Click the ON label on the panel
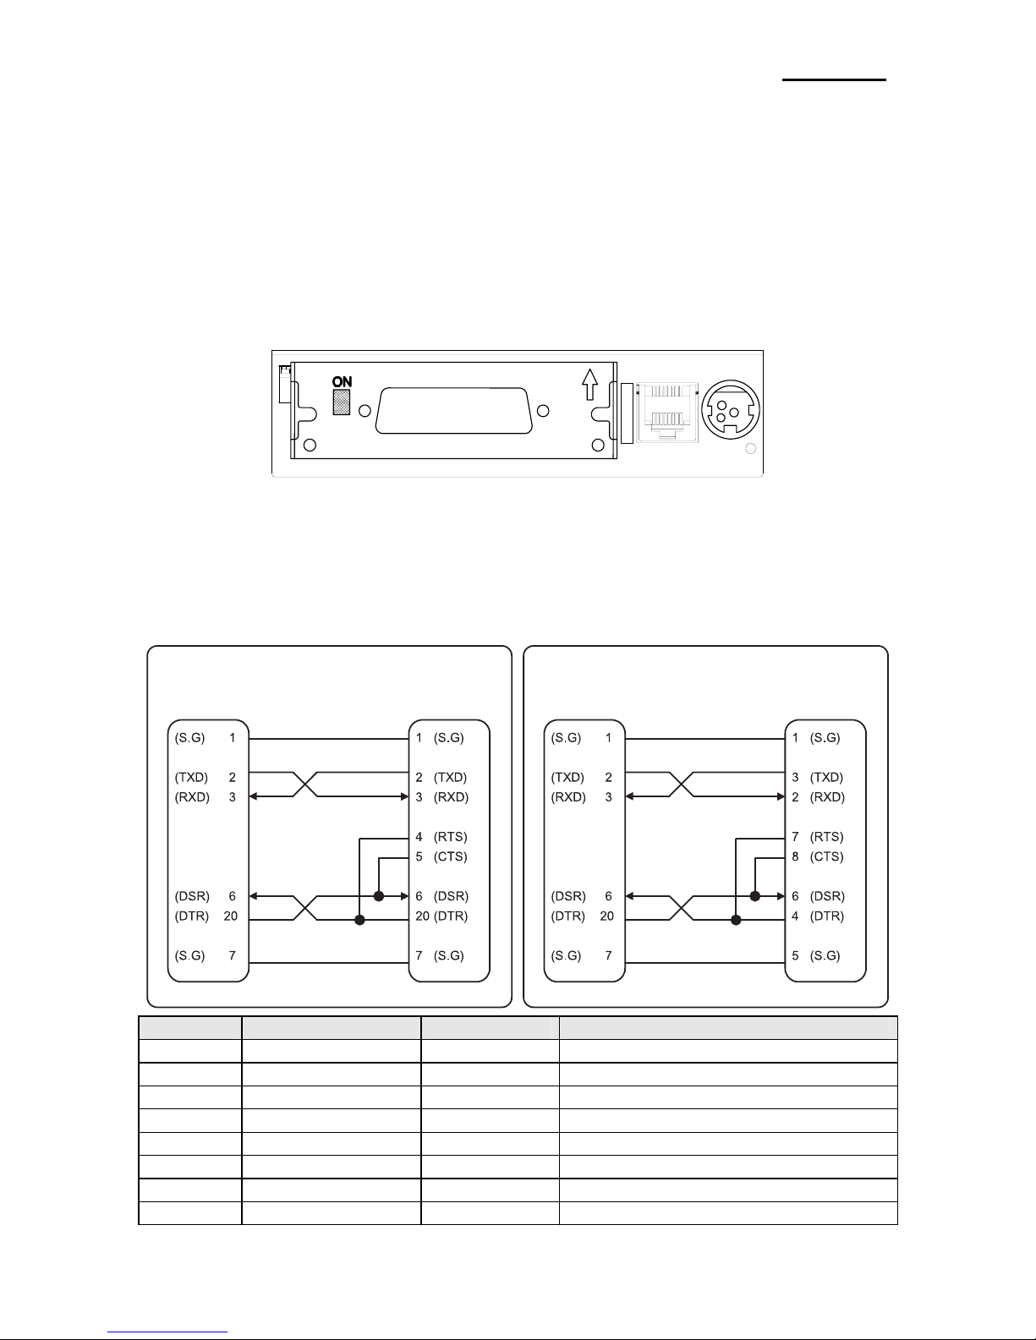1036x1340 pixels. tap(343, 382)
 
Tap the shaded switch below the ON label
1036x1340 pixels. tap(342, 402)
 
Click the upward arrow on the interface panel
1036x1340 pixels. tap(590, 384)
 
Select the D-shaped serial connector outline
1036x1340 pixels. tap(454, 411)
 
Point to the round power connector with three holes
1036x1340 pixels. tap(731, 410)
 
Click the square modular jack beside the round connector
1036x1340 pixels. tap(667, 412)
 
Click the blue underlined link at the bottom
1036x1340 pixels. tap(167, 1332)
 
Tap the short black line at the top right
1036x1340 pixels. tap(835, 79)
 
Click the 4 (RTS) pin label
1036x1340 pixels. tap(441, 837)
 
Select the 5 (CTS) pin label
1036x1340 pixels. tap(441, 856)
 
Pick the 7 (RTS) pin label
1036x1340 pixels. tap(818, 837)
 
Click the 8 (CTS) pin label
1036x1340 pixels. tap(818, 856)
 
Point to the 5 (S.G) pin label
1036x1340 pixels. tap(816, 956)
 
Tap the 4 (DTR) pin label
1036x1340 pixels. tap(818, 916)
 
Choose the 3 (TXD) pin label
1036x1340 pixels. tap(818, 778)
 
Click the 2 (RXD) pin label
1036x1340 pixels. tap(819, 797)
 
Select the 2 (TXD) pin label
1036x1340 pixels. tap(441, 778)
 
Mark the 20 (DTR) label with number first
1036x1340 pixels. tap(441, 916)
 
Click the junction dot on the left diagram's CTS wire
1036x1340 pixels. tap(379, 896)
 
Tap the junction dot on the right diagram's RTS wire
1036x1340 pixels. tap(736, 920)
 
